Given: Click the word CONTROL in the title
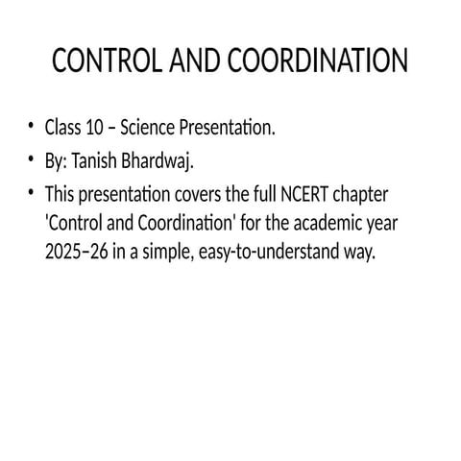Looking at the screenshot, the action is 97,62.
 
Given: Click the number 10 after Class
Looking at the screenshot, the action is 94,129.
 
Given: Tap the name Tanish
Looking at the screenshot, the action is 107,160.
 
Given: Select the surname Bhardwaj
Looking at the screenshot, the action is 171,160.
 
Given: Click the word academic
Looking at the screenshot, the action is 314,224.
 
